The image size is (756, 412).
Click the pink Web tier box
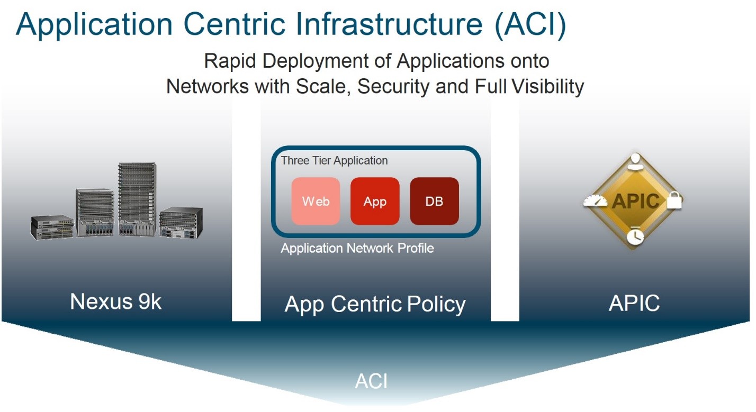click(316, 201)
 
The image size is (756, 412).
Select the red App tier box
click(375, 201)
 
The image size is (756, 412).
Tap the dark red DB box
click(434, 201)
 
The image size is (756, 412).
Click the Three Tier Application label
click(334, 160)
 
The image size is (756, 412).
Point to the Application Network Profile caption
click(357, 248)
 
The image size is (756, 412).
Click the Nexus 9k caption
click(115, 301)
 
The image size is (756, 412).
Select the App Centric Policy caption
click(375, 304)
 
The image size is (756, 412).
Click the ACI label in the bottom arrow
click(372, 381)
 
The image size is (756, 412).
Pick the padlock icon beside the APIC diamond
click(674, 200)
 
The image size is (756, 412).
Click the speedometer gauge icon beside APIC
click(595, 201)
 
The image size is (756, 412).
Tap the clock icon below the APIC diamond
click(634, 237)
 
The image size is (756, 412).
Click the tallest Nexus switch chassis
click(136, 198)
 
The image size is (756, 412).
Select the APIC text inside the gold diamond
click(635, 201)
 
